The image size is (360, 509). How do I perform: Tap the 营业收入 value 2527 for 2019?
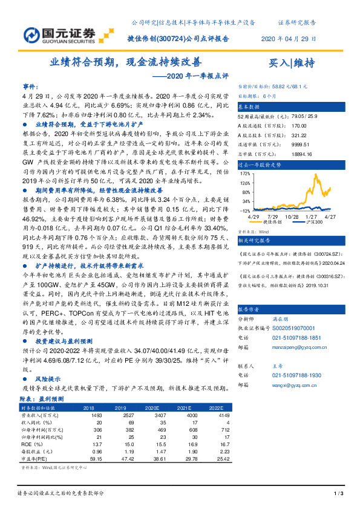click(x=127, y=416)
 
